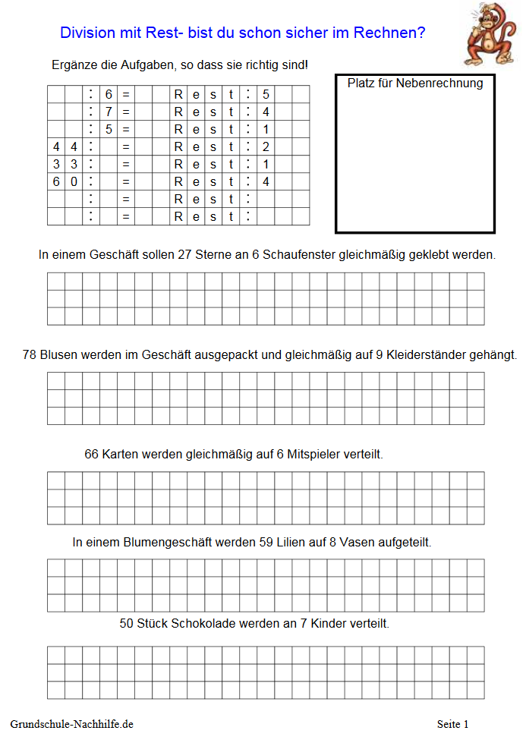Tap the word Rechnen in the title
(393, 33)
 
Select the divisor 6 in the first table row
(109, 94)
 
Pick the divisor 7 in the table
(109, 112)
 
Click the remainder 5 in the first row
(266, 94)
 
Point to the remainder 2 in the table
(266, 146)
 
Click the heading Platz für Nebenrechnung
(415, 83)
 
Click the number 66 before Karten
(92, 455)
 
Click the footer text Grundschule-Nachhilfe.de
(72, 725)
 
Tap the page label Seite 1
(453, 725)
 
